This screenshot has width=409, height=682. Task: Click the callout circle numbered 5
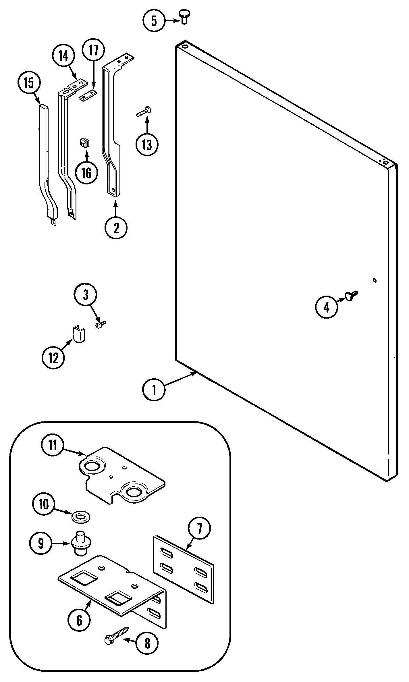click(154, 21)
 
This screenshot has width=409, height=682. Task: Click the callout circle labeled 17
click(93, 50)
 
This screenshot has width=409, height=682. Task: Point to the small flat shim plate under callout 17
click(88, 95)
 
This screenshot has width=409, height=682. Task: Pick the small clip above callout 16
click(84, 142)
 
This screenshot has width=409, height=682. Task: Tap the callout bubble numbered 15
click(29, 83)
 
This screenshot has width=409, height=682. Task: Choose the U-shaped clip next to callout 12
click(79, 334)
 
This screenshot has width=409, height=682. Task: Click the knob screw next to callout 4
click(351, 296)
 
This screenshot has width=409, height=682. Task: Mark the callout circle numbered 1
click(154, 390)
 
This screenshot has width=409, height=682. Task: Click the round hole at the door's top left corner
click(185, 46)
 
